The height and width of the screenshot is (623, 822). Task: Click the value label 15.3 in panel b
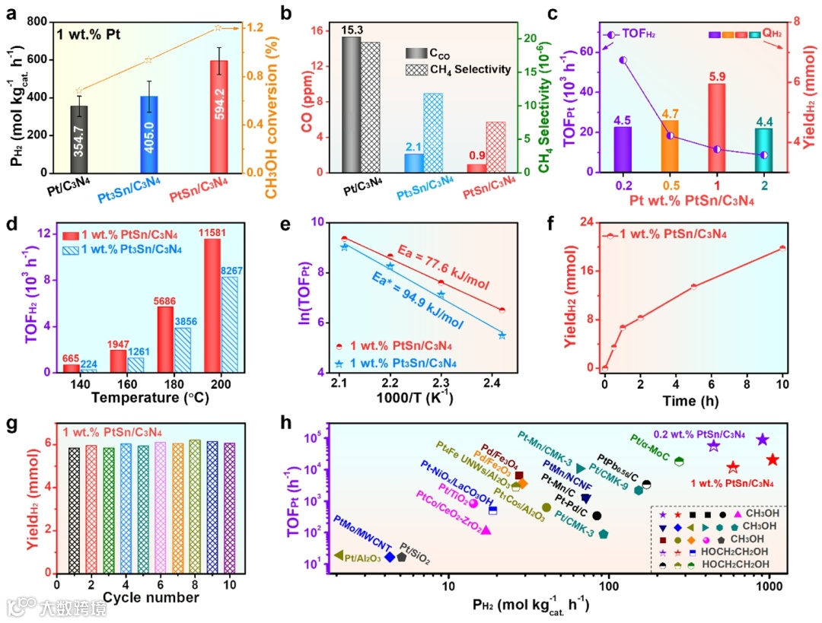pos(350,29)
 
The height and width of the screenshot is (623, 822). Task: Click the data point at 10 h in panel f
pos(782,248)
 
